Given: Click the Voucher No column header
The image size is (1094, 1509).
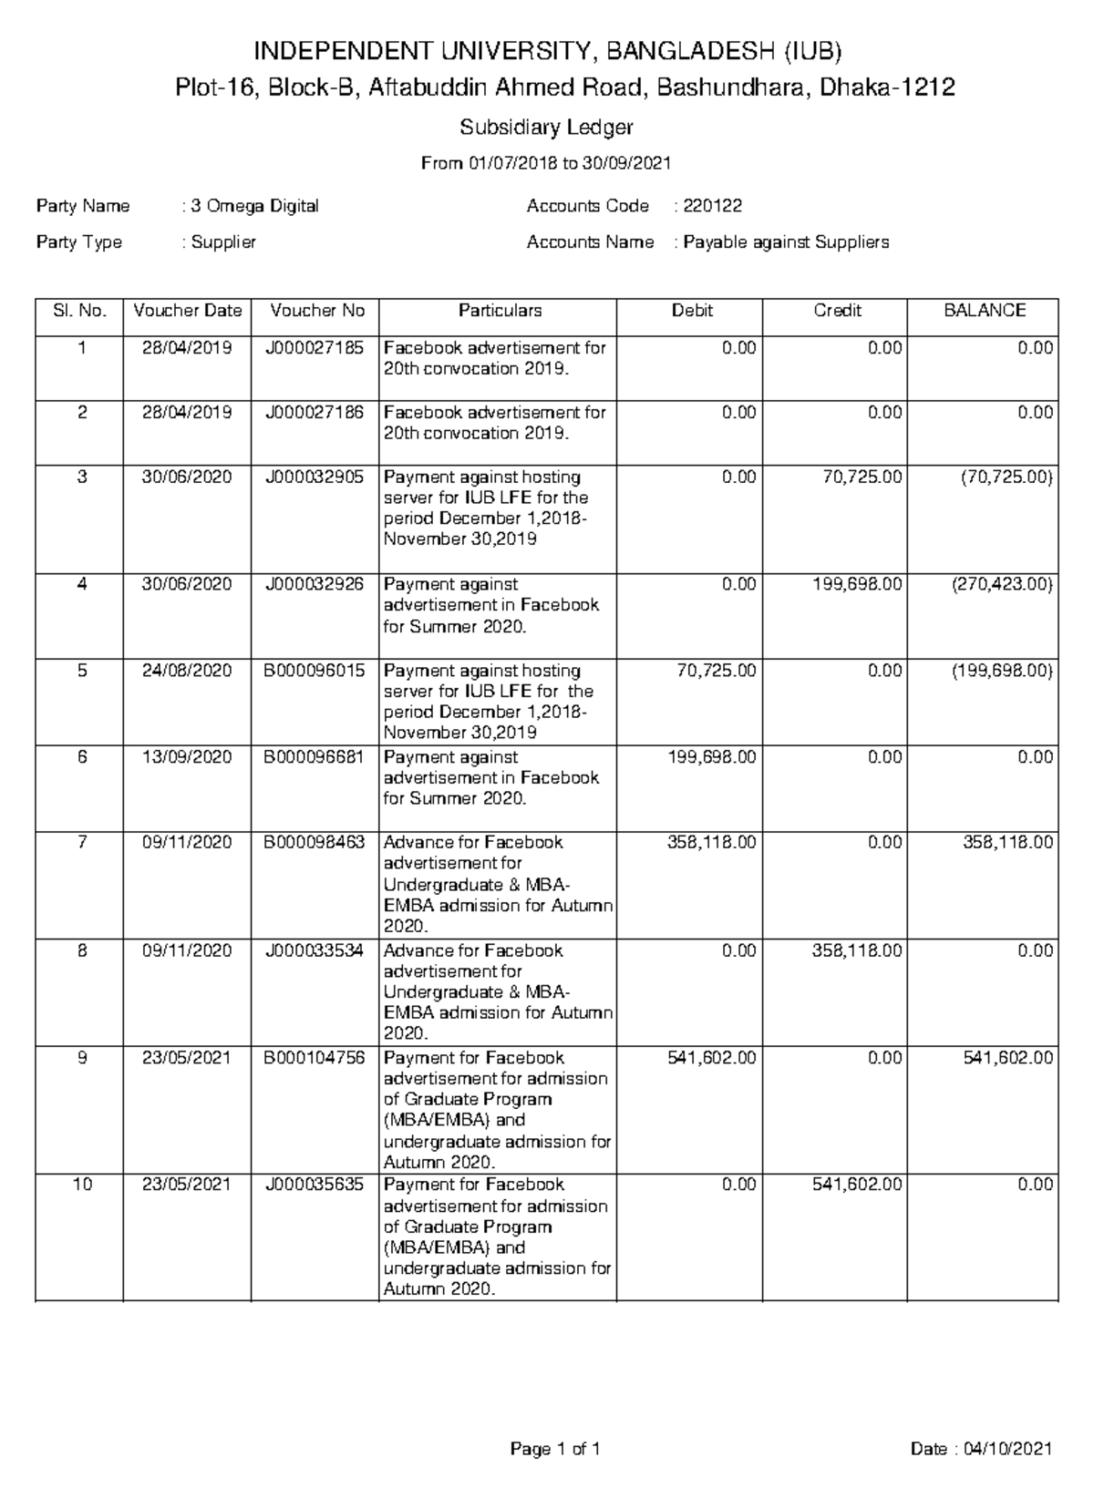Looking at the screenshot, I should [x=315, y=311].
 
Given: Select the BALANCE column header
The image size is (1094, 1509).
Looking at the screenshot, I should [x=984, y=311].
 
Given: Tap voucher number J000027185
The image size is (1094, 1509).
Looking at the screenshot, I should [x=315, y=348].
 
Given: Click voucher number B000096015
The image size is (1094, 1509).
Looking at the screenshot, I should [x=315, y=671].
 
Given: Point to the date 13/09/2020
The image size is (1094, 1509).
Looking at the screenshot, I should [x=187, y=757].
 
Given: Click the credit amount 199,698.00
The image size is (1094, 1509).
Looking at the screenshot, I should [x=857, y=584].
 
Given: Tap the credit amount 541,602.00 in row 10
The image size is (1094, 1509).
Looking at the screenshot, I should [x=857, y=1185].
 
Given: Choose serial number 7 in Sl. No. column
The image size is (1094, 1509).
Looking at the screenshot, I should [x=82, y=842].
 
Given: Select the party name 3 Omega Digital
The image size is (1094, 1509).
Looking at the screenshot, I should [x=254, y=206].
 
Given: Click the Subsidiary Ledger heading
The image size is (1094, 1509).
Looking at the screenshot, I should [x=546, y=127].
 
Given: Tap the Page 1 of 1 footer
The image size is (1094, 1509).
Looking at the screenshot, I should [x=554, y=1449].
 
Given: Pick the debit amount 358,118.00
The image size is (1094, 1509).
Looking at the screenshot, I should [x=711, y=842].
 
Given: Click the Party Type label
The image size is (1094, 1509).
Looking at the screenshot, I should [x=79, y=242].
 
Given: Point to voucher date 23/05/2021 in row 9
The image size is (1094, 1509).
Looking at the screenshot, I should [x=187, y=1058].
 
